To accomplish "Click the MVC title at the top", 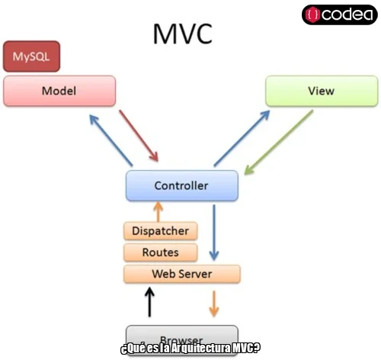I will tap(182, 34).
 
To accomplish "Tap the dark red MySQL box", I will tap(31, 56).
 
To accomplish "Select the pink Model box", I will tap(59, 91).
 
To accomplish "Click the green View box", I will tap(320, 91).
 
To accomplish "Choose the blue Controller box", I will tap(181, 185).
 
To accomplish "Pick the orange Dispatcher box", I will tap(160, 230).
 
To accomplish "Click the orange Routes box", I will tap(160, 252).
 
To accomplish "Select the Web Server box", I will tap(181, 274).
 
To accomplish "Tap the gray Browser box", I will tap(181, 338).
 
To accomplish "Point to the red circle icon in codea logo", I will tap(312, 14).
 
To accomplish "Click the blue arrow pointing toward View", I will tap(242, 137).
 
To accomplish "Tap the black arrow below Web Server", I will tap(149, 301).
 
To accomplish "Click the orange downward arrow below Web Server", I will tap(214, 303).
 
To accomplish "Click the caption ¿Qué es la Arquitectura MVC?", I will tap(190, 349).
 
